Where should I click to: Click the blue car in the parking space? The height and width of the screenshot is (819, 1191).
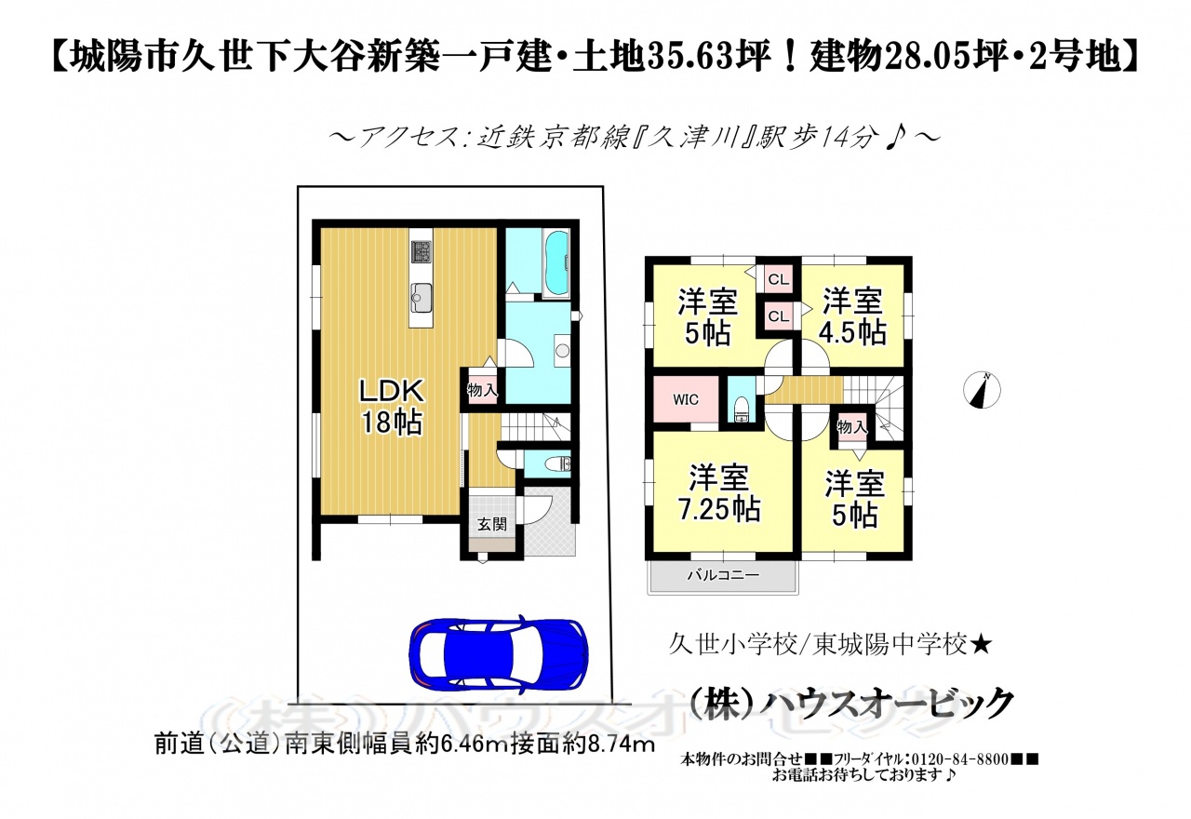click(498, 653)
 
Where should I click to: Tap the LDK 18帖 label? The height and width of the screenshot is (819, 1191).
click(392, 408)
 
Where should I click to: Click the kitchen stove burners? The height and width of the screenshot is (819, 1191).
click(421, 251)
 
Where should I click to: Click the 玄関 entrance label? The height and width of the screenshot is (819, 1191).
click(492, 524)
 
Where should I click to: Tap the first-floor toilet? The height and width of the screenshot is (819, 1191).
click(557, 464)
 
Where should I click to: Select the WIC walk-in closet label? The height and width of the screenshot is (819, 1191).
click(686, 399)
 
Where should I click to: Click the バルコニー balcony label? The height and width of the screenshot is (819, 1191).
click(723, 575)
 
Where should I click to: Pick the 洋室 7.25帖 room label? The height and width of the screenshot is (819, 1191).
click(719, 493)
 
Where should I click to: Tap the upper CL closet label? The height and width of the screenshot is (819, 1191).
click(779, 279)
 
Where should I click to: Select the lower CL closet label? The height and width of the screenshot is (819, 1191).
click(779, 316)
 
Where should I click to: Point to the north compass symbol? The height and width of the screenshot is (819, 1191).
click(982, 390)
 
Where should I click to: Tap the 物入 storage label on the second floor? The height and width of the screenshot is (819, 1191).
click(851, 426)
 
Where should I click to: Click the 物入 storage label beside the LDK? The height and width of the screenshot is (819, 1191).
click(482, 390)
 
